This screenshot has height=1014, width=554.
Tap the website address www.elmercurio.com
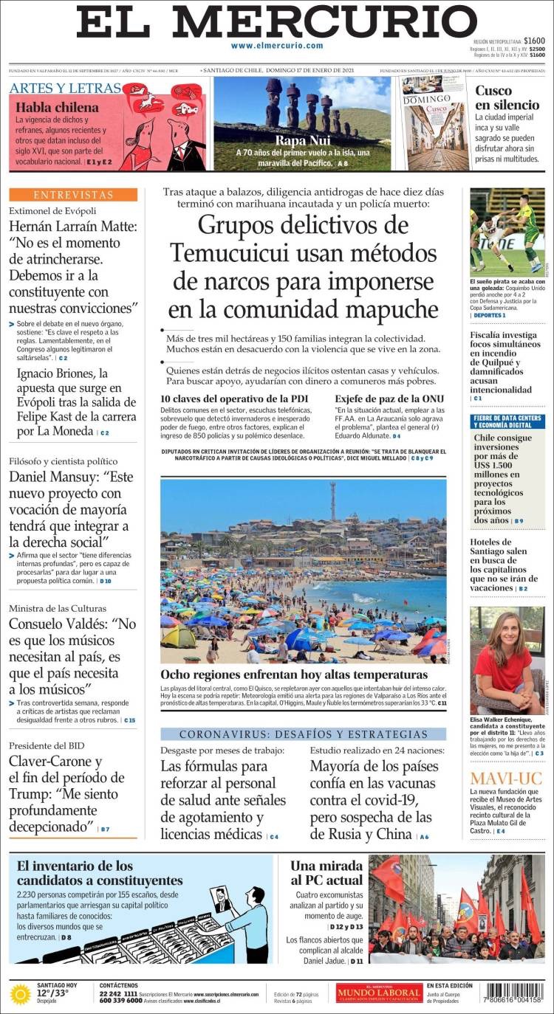click(x=277, y=46)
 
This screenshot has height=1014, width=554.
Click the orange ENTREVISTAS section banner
click(x=73, y=195)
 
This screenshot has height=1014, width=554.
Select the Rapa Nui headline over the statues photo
click(x=301, y=140)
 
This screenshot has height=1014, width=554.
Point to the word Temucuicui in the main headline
click(x=234, y=252)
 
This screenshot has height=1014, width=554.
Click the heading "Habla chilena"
click(x=58, y=107)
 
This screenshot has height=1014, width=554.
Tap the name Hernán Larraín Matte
click(x=73, y=227)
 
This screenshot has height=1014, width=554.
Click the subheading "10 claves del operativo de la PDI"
click(x=234, y=399)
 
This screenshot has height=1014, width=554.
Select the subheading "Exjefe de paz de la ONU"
click(x=389, y=399)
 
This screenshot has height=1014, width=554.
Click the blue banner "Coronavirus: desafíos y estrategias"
click(x=303, y=734)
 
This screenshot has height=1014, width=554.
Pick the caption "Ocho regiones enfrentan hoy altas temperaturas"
click(x=294, y=675)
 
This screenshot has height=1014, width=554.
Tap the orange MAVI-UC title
click(x=506, y=778)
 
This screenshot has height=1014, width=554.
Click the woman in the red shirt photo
click(x=507, y=659)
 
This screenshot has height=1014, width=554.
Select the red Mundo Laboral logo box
click(x=379, y=993)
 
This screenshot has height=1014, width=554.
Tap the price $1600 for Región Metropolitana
click(x=534, y=41)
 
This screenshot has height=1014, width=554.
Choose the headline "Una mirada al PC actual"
click(x=326, y=872)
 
